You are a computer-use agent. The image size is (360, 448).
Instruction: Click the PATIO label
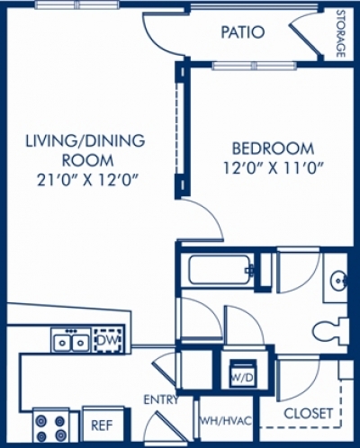(243, 33)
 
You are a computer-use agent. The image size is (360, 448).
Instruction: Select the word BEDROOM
(273, 148)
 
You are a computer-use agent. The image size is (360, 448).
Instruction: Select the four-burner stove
(50, 422)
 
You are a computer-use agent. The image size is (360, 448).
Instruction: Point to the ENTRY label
(160, 399)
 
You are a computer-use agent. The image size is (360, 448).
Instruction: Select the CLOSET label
(309, 414)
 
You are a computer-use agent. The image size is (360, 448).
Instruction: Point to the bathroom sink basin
(339, 278)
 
